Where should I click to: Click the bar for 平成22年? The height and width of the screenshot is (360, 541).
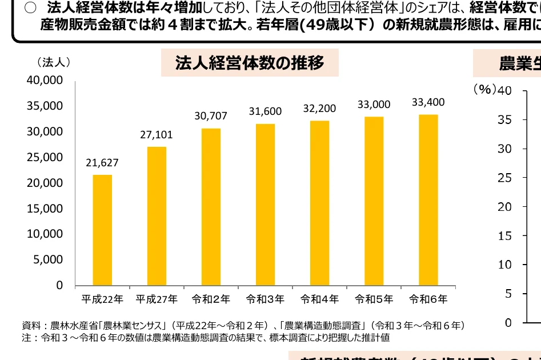point(102,230)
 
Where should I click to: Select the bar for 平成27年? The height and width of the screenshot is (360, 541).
point(157,216)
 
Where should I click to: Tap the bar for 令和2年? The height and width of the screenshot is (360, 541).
point(211,206)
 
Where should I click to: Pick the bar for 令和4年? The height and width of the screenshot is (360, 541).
point(319,203)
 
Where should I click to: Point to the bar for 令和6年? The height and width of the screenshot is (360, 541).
point(428,199)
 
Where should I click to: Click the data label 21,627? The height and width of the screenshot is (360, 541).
point(102,163)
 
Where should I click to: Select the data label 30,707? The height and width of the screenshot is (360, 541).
point(211,116)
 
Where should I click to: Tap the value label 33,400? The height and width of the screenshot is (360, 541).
point(428,102)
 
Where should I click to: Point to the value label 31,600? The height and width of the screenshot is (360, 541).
point(265,111)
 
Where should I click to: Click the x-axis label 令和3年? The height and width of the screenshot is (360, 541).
point(265,299)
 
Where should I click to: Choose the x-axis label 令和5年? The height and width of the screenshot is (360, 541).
point(374,299)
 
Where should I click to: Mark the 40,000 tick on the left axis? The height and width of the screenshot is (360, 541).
point(45,81)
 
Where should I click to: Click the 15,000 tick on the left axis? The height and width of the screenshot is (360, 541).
point(45,209)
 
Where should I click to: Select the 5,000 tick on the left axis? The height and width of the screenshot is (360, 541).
point(48,259)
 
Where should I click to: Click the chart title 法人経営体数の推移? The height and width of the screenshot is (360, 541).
point(250,63)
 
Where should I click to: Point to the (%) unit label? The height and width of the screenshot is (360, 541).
point(484,90)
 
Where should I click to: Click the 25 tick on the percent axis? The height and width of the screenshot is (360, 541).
point(504,178)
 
